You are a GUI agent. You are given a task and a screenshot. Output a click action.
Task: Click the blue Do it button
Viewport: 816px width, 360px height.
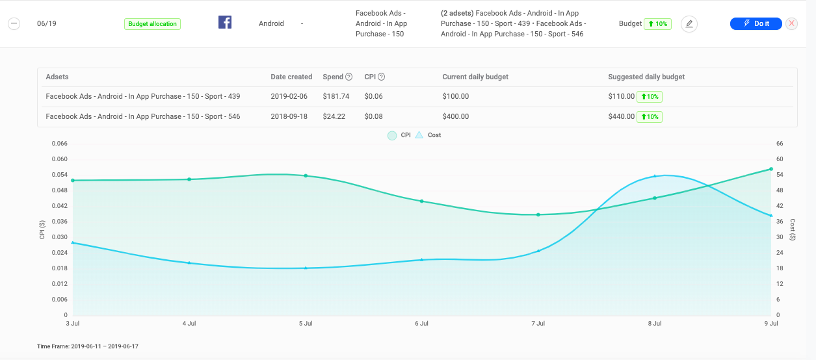(756, 23)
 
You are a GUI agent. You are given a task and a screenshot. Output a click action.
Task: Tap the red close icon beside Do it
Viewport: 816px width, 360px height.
(791, 23)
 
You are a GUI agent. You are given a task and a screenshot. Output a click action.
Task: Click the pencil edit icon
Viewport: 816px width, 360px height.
(689, 24)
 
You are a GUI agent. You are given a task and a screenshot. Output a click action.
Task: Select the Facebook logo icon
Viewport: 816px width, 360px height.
(225, 22)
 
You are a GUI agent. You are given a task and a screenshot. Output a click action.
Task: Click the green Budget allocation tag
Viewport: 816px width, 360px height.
(153, 24)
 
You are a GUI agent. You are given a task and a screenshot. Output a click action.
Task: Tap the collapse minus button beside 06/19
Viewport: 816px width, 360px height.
(14, 23)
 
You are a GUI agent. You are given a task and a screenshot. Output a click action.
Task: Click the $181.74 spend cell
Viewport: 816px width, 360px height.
(336, 96)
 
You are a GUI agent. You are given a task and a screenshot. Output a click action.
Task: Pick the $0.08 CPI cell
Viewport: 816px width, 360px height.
(373, 116)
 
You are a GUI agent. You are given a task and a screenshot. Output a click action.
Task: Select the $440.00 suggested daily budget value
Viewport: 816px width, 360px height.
(621, 116)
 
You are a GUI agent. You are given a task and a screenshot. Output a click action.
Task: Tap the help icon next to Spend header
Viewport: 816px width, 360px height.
(349, 77)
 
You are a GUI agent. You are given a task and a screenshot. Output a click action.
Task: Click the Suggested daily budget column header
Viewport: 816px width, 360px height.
(646, 77)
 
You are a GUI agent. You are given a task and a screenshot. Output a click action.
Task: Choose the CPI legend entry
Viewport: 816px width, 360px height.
(399, 135)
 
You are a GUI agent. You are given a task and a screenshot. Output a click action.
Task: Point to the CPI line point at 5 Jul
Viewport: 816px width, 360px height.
(306, 175)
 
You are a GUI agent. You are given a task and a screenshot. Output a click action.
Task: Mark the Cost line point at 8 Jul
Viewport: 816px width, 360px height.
(655, 176)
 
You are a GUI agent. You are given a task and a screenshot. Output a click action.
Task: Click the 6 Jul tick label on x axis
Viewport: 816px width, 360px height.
(422, 323)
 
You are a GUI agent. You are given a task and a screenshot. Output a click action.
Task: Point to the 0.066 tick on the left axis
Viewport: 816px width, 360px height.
(59, 144)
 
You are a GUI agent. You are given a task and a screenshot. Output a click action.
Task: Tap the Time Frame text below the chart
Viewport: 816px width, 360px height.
(88, 346)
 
